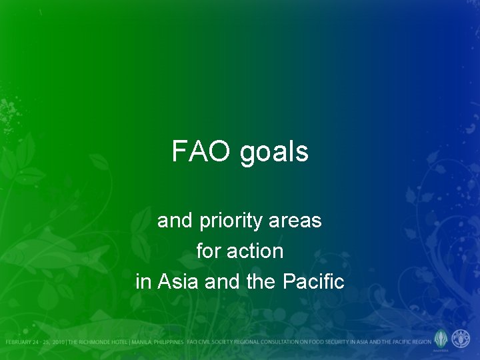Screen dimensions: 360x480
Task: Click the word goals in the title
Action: (274, 153)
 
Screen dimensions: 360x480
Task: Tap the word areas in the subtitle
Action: (296, 221)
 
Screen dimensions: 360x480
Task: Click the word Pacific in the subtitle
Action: (313, 282)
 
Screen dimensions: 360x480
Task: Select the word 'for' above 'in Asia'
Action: (209, 251)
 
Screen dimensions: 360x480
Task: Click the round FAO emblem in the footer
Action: (461, 338)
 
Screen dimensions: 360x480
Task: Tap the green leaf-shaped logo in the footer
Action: (441, 338)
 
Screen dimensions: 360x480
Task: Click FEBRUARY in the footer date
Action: (19, 342)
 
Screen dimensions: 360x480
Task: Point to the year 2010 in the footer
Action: (57, 342)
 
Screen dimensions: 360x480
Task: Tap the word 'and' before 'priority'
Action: (171, 221)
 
